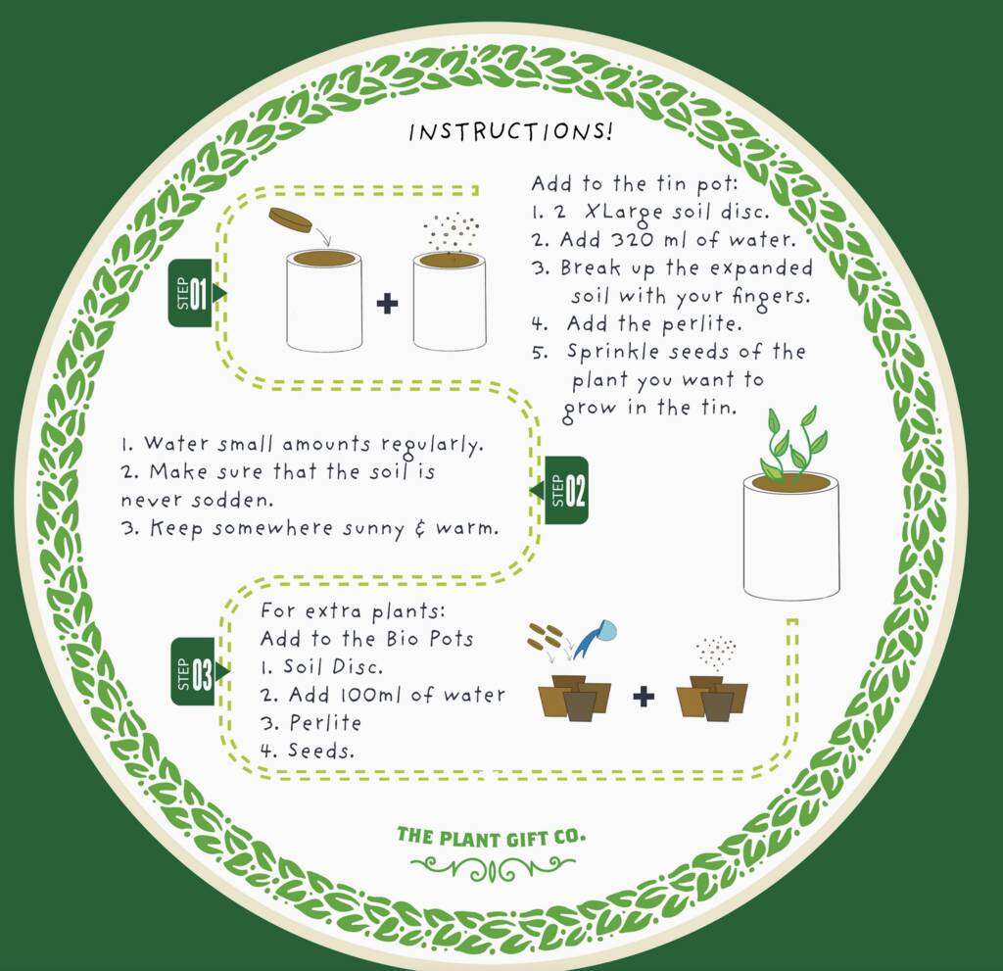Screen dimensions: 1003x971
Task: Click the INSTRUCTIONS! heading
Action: [x=510, y=131]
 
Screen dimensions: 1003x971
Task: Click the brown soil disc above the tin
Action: [x=290, y=218]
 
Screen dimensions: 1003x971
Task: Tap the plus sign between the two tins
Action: [x=387, y=303]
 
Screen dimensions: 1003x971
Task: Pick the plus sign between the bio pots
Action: [x=644, y=696]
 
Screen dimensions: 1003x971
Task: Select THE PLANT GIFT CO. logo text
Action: [x=491, y=837]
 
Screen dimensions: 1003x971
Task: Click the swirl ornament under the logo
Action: [x=492, y=868]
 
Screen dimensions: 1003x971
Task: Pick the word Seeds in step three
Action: [x=320, y=751]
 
